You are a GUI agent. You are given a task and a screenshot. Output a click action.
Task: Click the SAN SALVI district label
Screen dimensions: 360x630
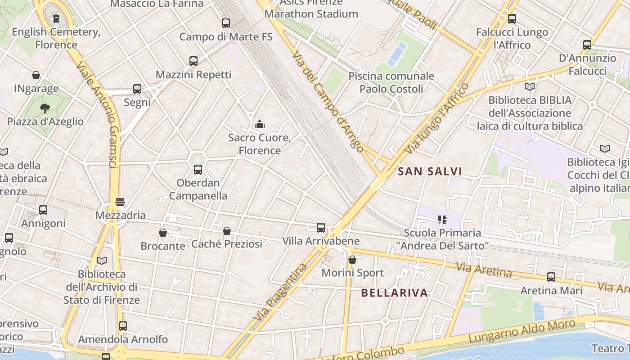tap(430, 171)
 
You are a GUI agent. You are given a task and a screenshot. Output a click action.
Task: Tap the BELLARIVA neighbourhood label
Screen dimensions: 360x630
tap(395, 293)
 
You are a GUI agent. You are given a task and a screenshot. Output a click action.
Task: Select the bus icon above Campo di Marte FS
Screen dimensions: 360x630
tap(226, 23)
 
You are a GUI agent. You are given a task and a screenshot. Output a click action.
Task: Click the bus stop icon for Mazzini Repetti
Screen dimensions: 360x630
tap(193, 61)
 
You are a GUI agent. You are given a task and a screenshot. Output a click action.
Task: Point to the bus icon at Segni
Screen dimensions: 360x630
tap(137, 89)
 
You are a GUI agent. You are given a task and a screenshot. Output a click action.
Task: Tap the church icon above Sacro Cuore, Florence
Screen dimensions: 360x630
tap(260, 124)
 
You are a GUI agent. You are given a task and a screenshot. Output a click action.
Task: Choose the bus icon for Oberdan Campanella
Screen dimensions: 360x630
tap(198, 170)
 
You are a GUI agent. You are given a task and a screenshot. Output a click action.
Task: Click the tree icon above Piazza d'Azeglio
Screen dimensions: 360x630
tap(45, 108)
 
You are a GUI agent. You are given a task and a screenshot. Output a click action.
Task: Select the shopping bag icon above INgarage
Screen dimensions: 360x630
tap(36, 75)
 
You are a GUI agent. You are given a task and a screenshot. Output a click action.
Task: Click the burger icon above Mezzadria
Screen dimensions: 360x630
tap(120, 202)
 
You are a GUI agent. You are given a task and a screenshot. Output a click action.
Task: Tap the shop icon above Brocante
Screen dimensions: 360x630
tap(163, 233)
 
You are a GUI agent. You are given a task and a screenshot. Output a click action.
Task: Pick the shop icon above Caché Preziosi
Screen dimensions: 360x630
tap(227, 231)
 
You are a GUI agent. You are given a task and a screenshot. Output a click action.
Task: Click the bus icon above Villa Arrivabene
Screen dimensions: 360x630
tap(321, 228)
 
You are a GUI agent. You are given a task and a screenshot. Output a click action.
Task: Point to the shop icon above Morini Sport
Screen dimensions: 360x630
tap(352, 260)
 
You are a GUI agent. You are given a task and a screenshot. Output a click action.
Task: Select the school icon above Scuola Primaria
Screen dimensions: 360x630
tap(442, 220)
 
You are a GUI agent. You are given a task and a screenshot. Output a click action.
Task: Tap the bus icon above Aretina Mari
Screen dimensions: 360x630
tap(551, 277)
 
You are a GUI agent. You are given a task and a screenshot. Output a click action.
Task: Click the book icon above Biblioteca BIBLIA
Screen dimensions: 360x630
tap(530, 86)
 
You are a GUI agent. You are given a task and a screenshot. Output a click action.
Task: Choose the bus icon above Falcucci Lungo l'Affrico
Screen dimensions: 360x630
tap(512, 19)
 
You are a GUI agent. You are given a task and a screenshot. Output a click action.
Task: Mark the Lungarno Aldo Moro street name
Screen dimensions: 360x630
tap(522, 331)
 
